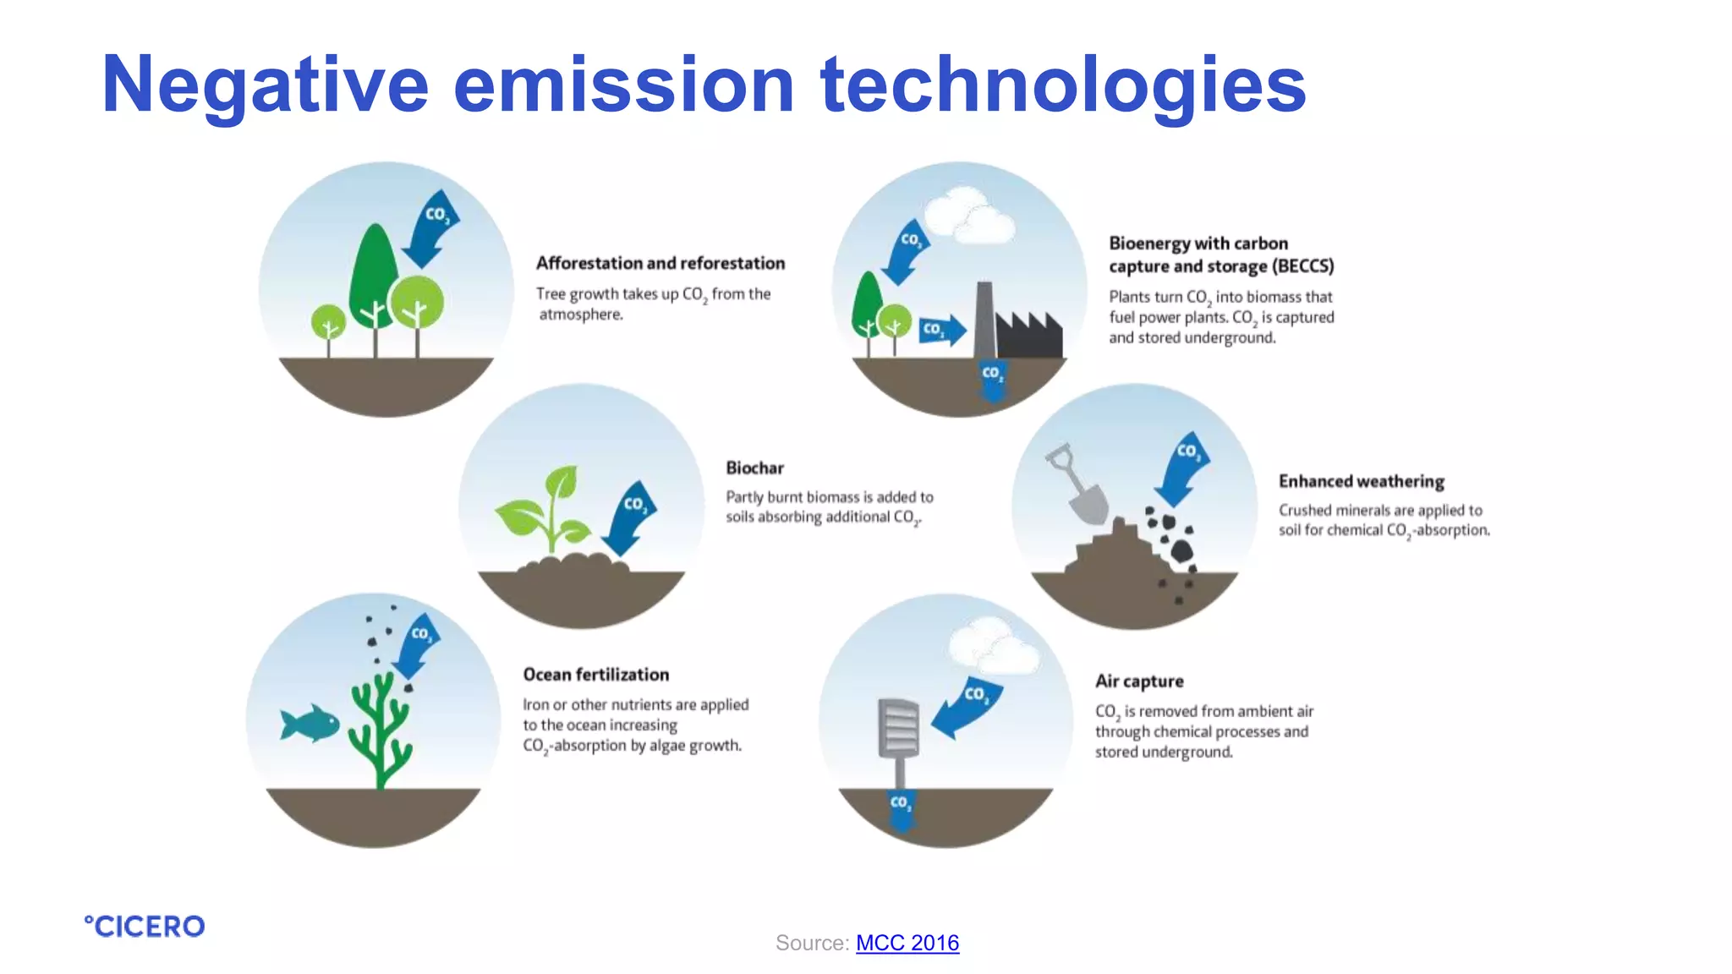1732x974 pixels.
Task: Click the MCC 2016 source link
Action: tap(907, 943)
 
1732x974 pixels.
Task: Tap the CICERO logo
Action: tap(145, 926)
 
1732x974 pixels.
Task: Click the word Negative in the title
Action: tap(265, 85)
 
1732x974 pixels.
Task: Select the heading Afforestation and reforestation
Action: tap(660, 263)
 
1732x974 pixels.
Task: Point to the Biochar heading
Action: tap(754, 468)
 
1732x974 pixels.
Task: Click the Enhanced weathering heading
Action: tap(1361, 481)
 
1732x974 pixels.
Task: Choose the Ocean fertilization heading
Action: tap(595, 674)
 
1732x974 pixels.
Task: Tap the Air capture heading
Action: tap(1138, 681)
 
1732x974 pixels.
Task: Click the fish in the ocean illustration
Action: tap(310, 724)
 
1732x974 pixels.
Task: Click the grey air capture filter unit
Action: tap(898, 729)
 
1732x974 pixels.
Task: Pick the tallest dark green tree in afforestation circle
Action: tap(372, 271)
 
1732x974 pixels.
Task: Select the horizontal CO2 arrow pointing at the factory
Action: tap(941, 329)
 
